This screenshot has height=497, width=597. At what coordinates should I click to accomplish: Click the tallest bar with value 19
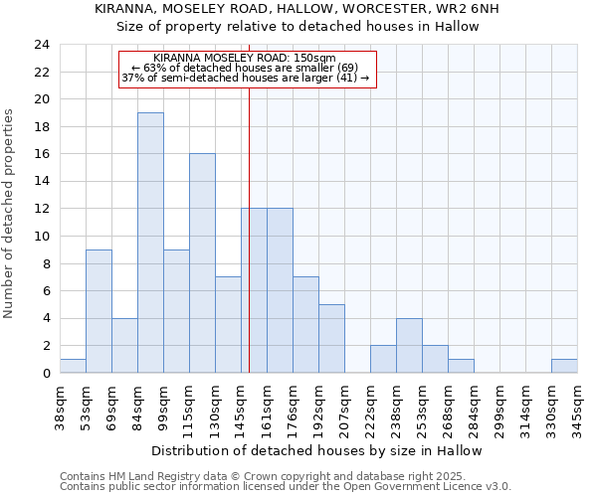point(150,243)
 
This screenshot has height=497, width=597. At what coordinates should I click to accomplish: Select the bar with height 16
point(202,263)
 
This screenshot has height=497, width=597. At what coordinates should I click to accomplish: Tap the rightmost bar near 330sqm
point(564,366)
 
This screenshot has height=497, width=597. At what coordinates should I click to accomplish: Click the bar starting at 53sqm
point(99,311)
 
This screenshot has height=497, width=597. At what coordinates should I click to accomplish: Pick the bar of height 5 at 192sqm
point(331,338)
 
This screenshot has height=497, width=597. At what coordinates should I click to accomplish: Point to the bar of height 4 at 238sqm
point(409,345)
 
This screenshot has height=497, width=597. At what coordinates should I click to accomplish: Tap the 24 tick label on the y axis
point(41,45)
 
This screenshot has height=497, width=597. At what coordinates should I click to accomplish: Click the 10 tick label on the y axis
point(41,237)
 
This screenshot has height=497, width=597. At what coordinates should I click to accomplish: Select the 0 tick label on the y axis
point(45,373)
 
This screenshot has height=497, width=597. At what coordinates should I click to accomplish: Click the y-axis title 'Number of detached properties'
point(10,214)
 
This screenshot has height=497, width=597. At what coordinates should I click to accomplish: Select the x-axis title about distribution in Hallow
point(317,450)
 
